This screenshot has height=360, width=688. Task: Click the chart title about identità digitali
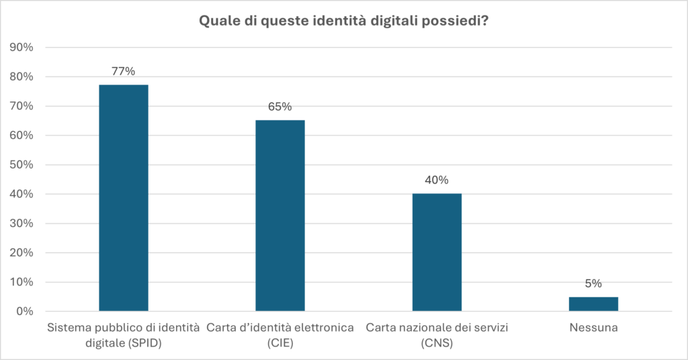pos(343,21)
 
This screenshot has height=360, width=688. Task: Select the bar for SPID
pos(124,198)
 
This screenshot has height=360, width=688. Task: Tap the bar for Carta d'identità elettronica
pos(280,215)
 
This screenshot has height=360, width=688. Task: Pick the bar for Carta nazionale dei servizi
pos(437,252)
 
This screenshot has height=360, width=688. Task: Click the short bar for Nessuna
pos(593,304)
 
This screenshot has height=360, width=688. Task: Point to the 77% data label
pos(124,72)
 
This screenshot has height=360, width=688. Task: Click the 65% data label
pos(280,107)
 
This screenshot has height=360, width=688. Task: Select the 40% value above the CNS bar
pos(437,180)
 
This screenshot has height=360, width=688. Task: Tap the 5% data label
pos(593,283)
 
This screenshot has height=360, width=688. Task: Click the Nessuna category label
pos(593,328)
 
